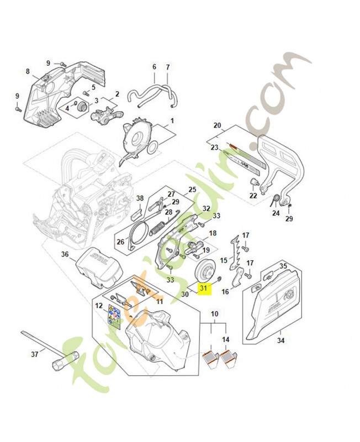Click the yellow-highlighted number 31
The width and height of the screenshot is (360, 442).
204,288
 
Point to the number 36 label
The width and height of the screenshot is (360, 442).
65,255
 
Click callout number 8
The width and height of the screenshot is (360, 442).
27,71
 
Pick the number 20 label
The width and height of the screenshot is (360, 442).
217,125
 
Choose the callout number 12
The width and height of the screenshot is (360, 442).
99,306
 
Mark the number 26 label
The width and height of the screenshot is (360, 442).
120,241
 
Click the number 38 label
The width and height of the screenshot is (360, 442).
140,198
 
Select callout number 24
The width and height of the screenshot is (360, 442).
276,213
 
